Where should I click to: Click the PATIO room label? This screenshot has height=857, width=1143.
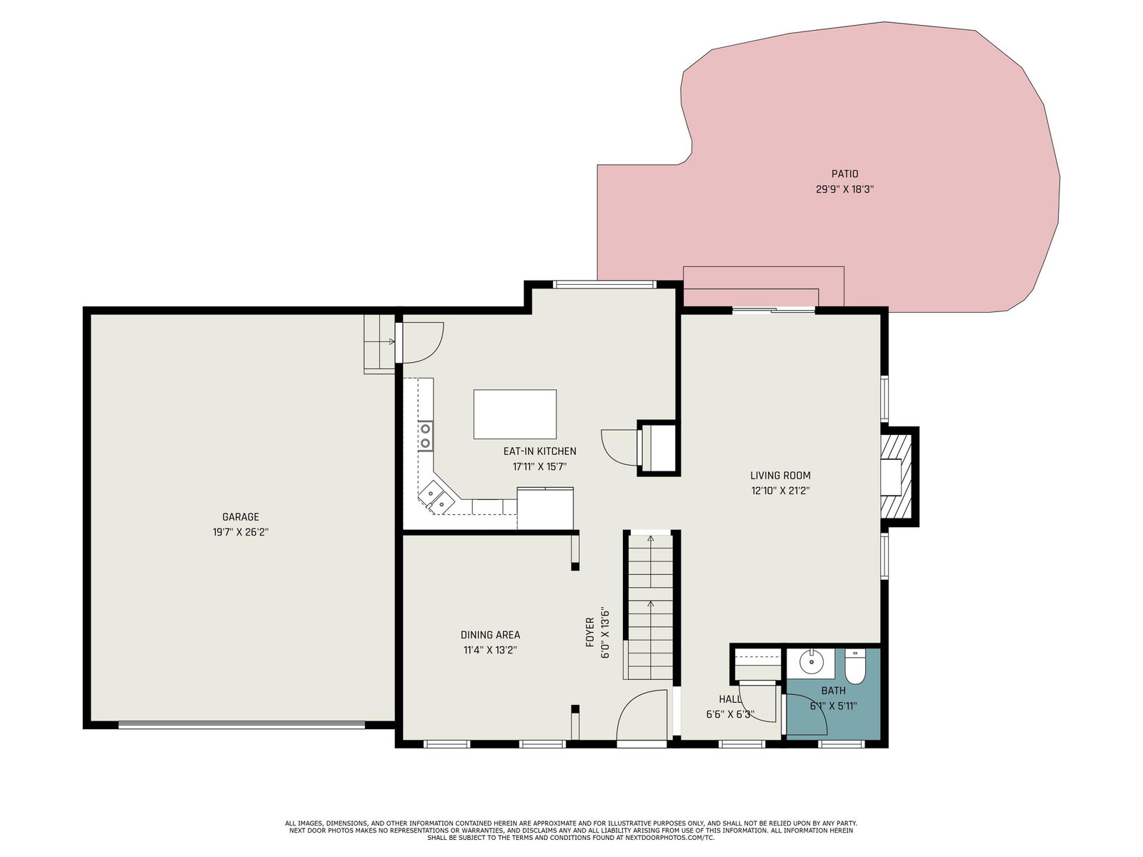[844, 174]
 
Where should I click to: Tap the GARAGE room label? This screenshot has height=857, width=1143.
[241, 516]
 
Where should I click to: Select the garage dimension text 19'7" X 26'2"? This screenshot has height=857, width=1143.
[241, 532]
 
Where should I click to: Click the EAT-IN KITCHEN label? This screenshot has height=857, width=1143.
[539, 451]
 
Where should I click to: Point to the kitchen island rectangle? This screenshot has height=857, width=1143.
[515, 414]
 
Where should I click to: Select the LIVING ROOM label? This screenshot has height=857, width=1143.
[780, 475]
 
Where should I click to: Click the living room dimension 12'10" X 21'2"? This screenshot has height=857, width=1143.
[780, 491]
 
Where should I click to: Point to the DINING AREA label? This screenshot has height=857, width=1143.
[490, 635]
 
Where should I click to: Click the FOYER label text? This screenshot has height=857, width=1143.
[590, 632]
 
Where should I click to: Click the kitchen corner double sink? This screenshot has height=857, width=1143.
[437, 498]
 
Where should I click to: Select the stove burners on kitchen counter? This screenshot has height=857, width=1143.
[426, 436]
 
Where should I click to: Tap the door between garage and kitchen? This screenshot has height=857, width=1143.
[420, 342]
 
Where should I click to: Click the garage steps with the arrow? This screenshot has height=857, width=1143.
[379, 344]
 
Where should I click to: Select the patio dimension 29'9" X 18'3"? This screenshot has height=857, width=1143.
[844, 189]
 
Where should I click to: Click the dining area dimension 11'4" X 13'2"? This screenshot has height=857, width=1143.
[490, 650]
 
